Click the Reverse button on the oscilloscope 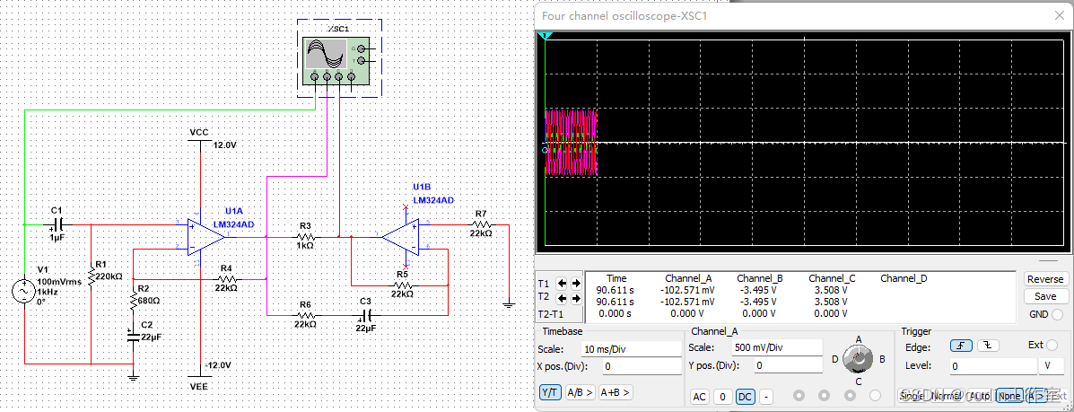click(x=1044, y=279)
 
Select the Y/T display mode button click(x=549, y=392)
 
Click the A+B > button click(x=616, y=392)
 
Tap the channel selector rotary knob click(x=860, y=360)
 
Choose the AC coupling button click(x=700, y=397)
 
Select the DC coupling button click(x=745, y=397)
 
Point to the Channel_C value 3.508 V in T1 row click(x=831, y=290)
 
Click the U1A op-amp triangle click(x=205, y=236)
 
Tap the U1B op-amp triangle click(x=400, y=237)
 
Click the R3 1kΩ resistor click(x=305, y=237)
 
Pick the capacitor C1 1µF click(x=58, y=223)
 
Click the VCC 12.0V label click(x=199, y=132)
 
